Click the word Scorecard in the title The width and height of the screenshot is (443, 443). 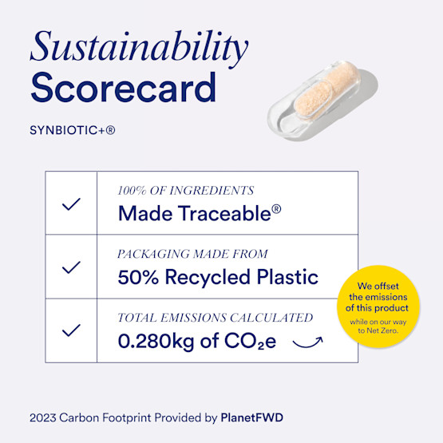(x=123, y=88)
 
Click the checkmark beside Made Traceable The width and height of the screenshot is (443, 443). (x=71, y=204)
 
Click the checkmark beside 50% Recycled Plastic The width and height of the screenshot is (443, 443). (x=71, y=267)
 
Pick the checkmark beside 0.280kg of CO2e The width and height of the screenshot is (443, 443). (x=71, y=330)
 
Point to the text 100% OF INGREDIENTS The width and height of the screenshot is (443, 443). (x=185, y=191)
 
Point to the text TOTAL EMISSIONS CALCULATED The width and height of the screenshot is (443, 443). (x=215, y=318)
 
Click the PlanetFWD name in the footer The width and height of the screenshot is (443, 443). (x=251, y=417)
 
